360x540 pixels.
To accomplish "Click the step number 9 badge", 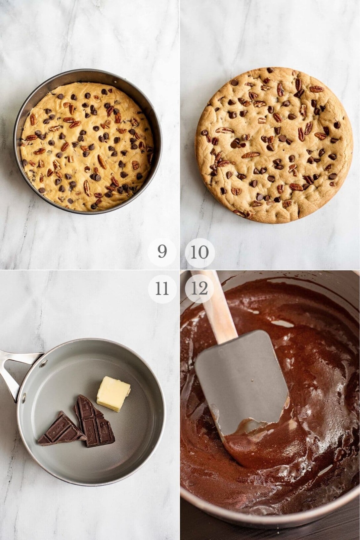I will pos(162,252).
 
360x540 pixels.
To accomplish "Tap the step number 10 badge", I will pos(200,252).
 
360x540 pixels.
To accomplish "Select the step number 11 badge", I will pos(162,289).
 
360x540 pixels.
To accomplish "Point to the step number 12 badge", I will pos(200,289).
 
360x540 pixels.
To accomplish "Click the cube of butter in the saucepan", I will pos(113,393).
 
